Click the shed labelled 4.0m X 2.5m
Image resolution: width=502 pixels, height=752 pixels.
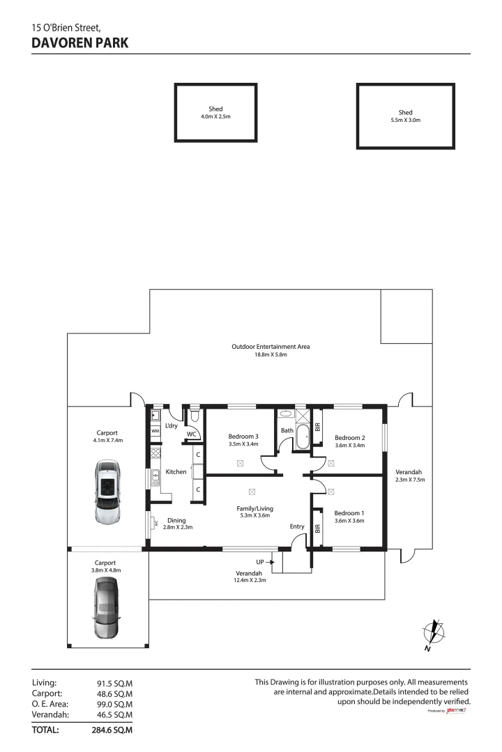click(215, 113)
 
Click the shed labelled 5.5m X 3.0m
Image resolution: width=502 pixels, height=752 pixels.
click(405, 116)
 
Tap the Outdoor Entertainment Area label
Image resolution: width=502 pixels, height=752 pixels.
click(271, 347)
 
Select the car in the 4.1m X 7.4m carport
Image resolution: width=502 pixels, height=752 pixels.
click(107, 492)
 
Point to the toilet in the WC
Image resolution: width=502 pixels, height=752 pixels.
click(195, 416)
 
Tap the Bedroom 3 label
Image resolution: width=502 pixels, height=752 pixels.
click(243, 437)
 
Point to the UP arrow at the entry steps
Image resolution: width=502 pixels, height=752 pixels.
click(266, 561)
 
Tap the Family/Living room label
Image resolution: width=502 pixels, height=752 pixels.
click(254, 509)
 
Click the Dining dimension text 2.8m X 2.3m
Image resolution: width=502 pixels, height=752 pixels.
click(177, 528)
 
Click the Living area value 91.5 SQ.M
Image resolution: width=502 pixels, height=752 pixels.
click(114, 684)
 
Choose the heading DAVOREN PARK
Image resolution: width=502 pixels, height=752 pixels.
click(80, 42)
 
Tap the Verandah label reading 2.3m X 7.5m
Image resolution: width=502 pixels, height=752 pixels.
click(409, 479)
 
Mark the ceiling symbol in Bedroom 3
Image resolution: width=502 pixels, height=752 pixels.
click(240, 462)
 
